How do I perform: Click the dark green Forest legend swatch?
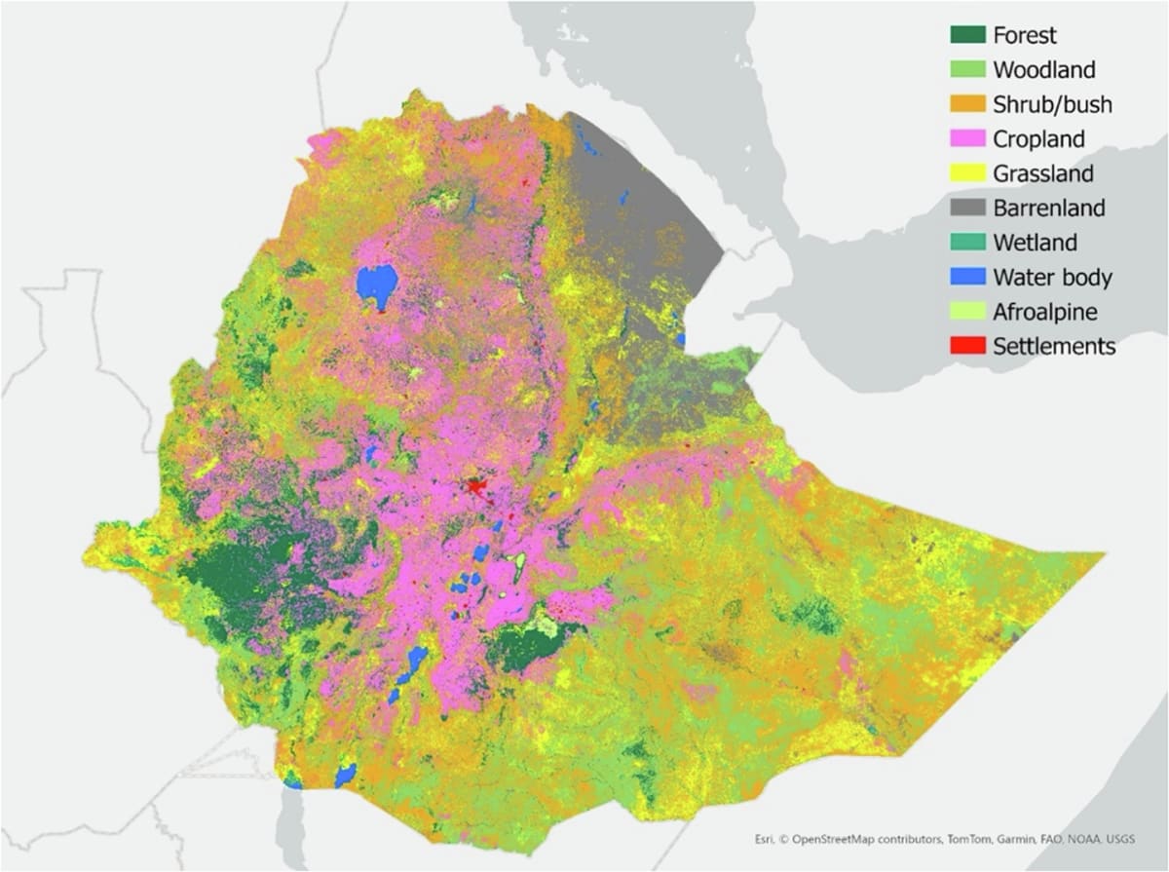967,35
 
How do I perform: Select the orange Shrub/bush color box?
967,104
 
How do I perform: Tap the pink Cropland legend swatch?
967,138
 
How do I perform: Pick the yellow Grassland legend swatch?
967,173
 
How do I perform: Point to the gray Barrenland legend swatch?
967,208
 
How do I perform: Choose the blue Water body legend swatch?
967,277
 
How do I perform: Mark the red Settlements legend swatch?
967,346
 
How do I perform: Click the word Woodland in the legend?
1044,70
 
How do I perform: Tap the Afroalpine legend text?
1045,312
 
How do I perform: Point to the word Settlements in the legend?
1054,346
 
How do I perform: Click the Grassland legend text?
1043,173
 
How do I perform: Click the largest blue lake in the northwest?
377,284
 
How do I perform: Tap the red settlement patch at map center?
476,484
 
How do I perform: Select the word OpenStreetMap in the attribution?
843,837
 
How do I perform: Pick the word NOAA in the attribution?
1081,837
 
